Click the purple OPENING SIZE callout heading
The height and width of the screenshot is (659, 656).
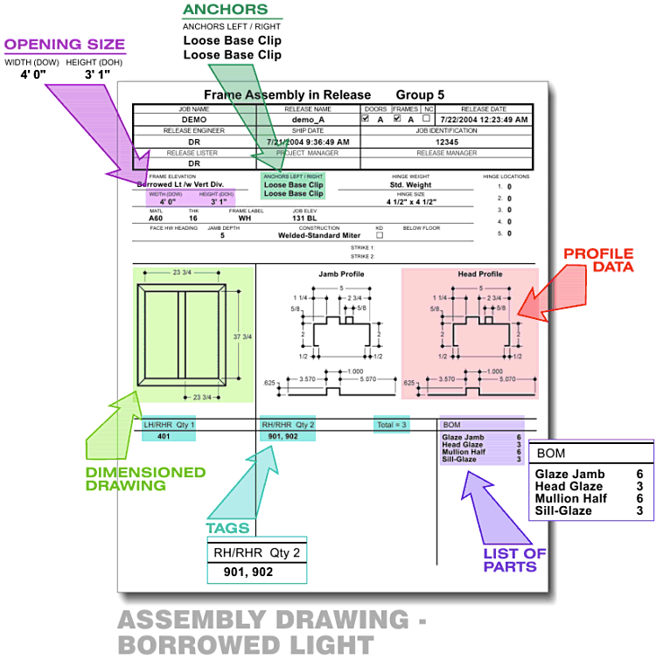coord(65,45)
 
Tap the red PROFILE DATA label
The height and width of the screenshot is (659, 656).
coord(597,260)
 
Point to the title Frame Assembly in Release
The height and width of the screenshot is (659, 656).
coord(287,94)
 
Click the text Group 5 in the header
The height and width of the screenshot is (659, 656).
coord(420,94)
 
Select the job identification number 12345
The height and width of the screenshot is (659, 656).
coord(447,141)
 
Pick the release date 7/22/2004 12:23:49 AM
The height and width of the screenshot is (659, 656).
coord(484,119)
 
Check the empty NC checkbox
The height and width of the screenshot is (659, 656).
coord(427,119)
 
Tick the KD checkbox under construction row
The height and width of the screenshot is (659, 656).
coord(379,235)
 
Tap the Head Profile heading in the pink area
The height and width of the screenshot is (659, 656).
coord(480,274)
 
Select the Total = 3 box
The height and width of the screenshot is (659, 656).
coord(391,424)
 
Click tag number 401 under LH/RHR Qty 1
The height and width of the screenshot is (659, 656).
coord(163,436)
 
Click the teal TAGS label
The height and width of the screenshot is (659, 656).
coord(227,528)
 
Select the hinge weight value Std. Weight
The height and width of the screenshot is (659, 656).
coord(409,185)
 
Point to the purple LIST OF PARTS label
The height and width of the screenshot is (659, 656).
coord(514,559)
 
